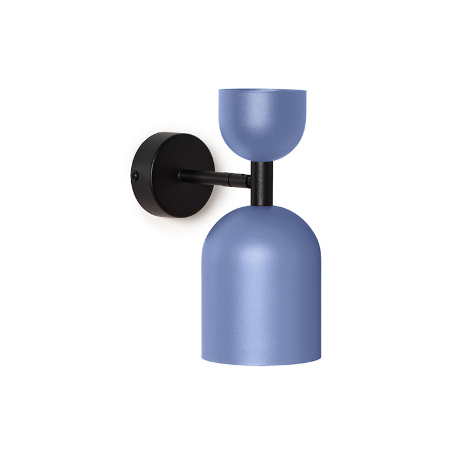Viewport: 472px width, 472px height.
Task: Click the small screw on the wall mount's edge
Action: (135, 175)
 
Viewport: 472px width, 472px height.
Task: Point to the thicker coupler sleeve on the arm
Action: (239, 180)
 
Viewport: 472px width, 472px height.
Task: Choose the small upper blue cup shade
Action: (262, 120)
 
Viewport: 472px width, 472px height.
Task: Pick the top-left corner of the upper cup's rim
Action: (220, 91)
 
